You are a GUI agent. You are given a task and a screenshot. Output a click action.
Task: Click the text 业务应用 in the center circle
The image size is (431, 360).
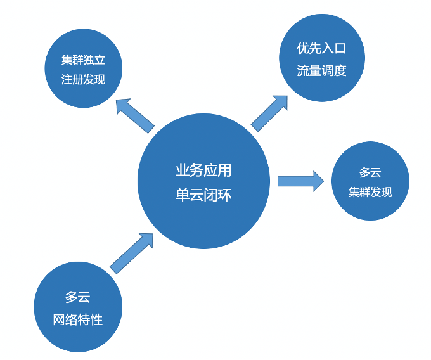point(203,170)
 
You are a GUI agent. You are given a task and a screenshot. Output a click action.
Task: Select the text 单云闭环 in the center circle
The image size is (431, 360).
point(203,195)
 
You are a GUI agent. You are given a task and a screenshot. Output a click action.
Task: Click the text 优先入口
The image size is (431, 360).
point(321,48)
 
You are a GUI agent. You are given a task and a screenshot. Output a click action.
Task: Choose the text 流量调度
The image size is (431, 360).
point(321,70)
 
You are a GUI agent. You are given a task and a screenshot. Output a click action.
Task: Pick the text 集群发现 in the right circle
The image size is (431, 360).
point(370,192)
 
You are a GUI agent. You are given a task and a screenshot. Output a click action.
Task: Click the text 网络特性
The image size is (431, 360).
point(78,319)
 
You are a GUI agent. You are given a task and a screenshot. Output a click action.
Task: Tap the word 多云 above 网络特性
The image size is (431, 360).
point(78,297)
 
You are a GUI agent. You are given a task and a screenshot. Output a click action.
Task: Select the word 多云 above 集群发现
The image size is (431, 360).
point(370,172)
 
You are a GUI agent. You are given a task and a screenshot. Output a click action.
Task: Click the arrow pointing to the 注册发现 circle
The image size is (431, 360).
point(136,115)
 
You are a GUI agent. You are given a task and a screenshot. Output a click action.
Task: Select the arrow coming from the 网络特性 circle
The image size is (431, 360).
point(132,252)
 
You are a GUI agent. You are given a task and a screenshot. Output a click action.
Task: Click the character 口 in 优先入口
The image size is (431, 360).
point(340,48)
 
